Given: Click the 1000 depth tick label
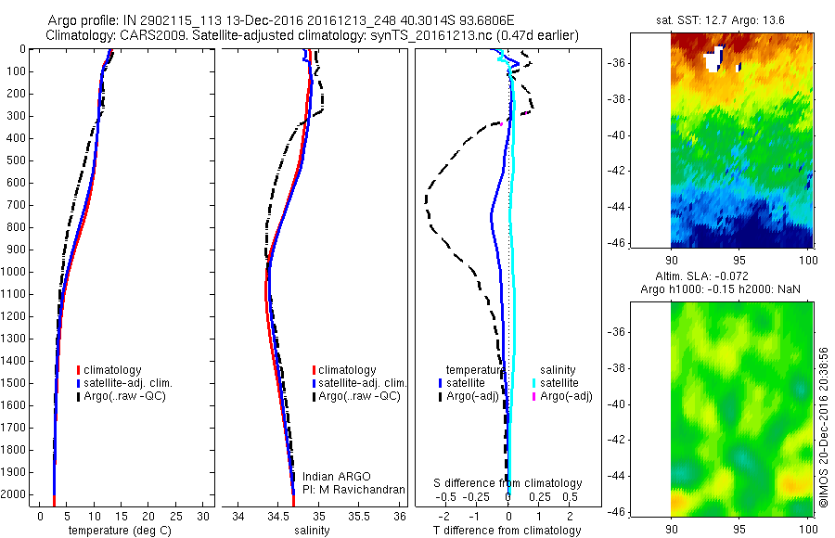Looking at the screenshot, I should (x=16, y=272).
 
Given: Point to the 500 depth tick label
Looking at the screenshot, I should (x=19, y=160).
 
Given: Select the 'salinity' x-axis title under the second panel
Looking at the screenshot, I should (x=311, y=531).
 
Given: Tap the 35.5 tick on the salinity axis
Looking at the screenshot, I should (x=360, y=515).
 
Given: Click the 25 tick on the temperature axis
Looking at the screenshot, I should (x=177, y=515).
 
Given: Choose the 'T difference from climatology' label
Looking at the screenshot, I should (x=507, y=531).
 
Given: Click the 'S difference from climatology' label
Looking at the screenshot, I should (x=507, y=483).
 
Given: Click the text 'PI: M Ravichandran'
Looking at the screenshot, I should (x=353, y=489).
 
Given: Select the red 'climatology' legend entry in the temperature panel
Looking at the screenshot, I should (x=109, y=370).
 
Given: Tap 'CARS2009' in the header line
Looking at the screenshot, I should (x=148, y=34).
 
